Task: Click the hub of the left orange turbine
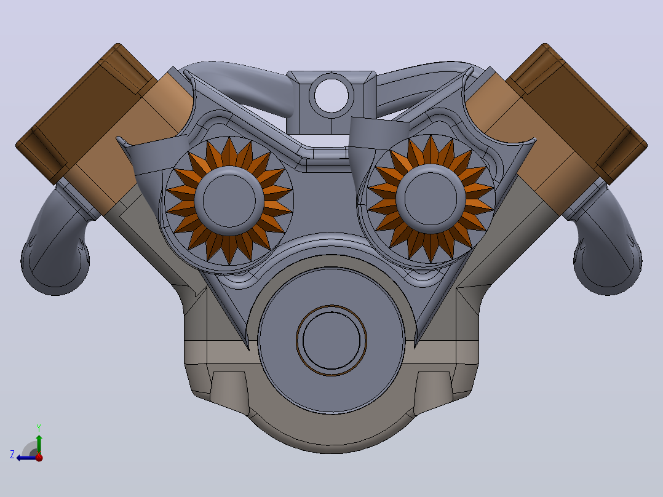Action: [229, 201]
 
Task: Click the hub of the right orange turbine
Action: [431, 199]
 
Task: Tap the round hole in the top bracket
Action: [331, 95]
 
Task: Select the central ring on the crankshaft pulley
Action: [331, 341]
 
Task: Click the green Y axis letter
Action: [39, 427]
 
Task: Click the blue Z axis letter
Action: [12, 455]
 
